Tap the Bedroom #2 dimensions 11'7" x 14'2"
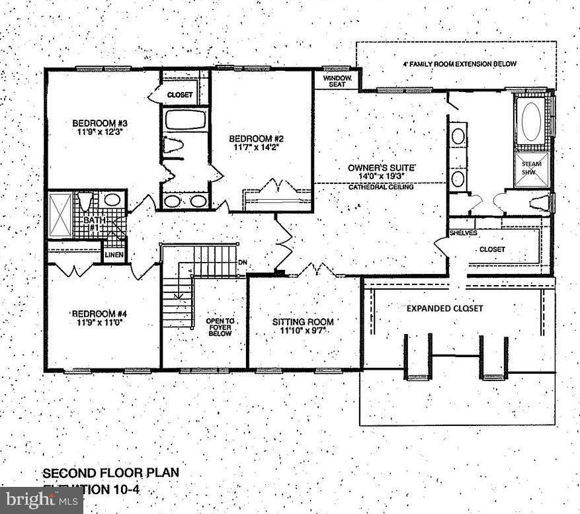pyautogui.click(x=256, y=148)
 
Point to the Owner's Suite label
pyautogui.click(x=382, y=168)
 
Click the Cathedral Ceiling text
pyautogui.click(x=382, y=187)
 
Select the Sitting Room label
pyautogui.click(x=303, y=322)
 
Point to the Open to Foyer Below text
pyautogui.click(x=220, y=327)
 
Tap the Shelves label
pyautogui.click(x=464, y=233)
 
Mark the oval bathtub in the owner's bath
pyautogui.click(x=531, y=121)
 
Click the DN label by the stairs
pyautogui.click(x=243, y=263)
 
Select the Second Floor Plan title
pyautogui.click(x=110, y=473)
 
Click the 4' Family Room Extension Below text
pyautogui.click(x=459, y=64)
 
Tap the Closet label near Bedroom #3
pyautogui.click(x=179, y=95)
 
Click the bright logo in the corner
pyautogui.click(x=41, y=501)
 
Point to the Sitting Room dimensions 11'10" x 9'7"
pyautogui.click(x=303, y=331)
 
